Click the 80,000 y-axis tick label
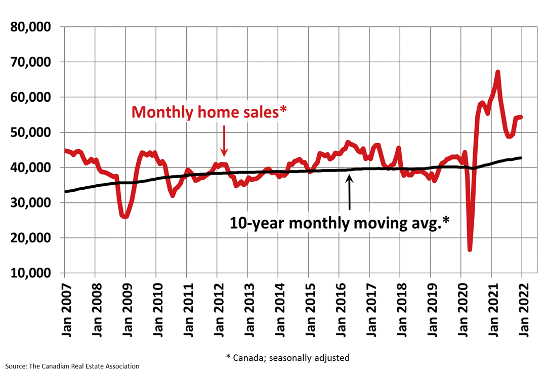tap(31, 27)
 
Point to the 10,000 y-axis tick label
tap(31, 273)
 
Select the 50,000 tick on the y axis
tap(31, 133)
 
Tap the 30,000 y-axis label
tap(31, 203)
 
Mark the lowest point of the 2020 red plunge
tap(470, 249)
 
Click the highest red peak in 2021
tap(498, 72)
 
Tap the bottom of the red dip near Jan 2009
tap(125, 217)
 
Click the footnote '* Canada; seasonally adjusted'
tap(287, 357)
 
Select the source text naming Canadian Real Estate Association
tap(72, 366)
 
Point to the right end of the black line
tap(521, 158)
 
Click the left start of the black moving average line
tap(65, 191)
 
